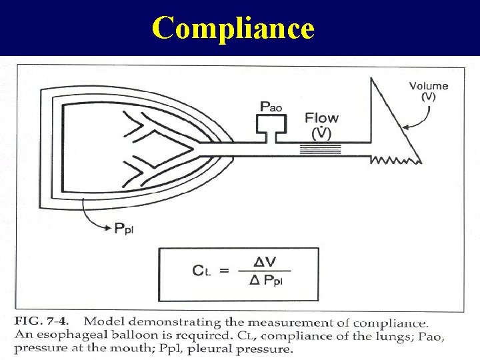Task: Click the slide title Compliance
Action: tap(233, 27)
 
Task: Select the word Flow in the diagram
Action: tap(321, 118)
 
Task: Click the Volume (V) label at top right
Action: tap(428, 91)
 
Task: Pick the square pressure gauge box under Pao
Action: tap(273, 123)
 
